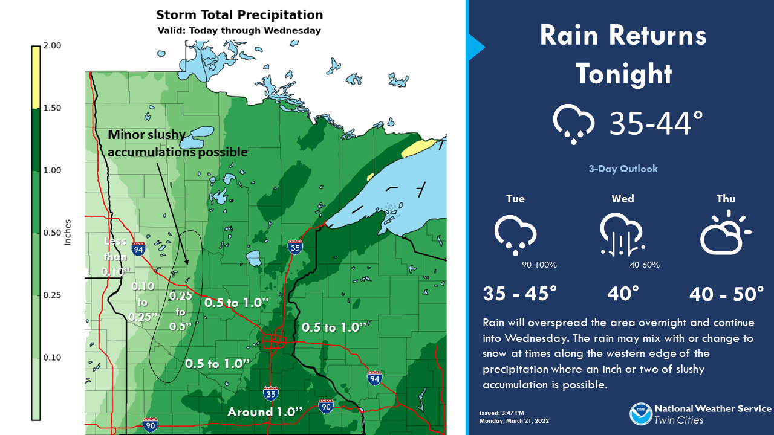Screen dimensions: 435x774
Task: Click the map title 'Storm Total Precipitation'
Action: point(239,15)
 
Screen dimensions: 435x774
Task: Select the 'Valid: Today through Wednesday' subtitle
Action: point(239,30)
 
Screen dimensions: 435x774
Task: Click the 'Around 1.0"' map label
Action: point(264,412)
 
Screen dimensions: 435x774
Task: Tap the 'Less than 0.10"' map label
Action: point(114,256)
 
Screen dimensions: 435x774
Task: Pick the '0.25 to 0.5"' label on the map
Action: point(180,311)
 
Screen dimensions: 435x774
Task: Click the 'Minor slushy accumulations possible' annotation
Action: point(178,143)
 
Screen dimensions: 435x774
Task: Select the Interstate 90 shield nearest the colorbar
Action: point(151,424)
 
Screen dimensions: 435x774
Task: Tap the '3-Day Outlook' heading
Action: point(623,169)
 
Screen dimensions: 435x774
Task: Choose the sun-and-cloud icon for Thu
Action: point(724,233)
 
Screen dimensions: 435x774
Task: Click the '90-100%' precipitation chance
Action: point(539,265)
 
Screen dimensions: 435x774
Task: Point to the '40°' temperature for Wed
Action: point(623,294)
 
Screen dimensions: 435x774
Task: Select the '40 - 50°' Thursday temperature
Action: point(727,294)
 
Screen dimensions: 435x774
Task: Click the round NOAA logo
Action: point(640,414)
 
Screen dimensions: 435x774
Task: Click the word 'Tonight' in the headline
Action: point(623,74)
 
